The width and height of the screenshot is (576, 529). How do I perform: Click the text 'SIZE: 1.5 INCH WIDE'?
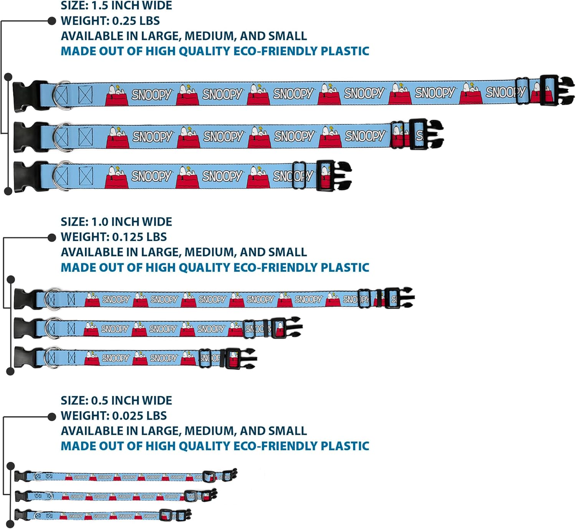[116, 6]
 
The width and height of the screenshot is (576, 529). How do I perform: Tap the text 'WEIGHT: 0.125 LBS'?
[114, 237]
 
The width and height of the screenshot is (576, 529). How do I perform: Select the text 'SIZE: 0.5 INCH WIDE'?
[116, 400]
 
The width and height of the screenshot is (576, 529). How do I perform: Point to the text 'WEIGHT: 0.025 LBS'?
[114, 416]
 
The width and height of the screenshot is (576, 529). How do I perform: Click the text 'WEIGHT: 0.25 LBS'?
[110, 21]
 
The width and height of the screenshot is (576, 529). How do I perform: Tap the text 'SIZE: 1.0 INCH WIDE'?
[116, 222]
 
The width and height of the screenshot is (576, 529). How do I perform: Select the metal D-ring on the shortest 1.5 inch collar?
[61, 176]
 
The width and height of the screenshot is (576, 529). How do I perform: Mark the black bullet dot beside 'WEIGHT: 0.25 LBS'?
[52, 21]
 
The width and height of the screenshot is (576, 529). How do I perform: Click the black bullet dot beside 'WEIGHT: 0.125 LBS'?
[52, 238]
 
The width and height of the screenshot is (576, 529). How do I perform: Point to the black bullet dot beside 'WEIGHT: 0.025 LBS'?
[52, 417]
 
